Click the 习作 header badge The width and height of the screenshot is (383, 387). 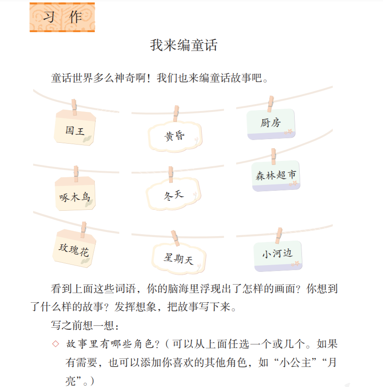point(62,17)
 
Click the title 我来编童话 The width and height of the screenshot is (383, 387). point(184,45)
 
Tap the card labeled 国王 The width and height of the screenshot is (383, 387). point(75,128)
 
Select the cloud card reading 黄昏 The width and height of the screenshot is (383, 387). point(175,136)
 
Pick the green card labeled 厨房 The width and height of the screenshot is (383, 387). point(271,124)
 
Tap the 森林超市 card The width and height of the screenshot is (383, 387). point(276,176)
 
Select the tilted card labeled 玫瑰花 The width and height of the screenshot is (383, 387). point(74,248)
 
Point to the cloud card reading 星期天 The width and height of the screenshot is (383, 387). point(179,258)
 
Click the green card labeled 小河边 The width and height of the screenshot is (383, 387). point(278,256)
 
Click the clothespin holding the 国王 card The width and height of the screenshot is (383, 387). point(74,107)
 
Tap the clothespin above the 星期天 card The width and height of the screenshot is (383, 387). point(175,238)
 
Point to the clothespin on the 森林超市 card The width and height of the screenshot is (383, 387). point(273,156)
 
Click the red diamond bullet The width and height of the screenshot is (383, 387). point(56,344)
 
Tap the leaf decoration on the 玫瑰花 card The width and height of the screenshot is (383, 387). point(86,261)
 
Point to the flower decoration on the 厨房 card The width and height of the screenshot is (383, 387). point(288,132)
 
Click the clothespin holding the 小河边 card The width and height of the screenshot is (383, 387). point(279,236)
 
